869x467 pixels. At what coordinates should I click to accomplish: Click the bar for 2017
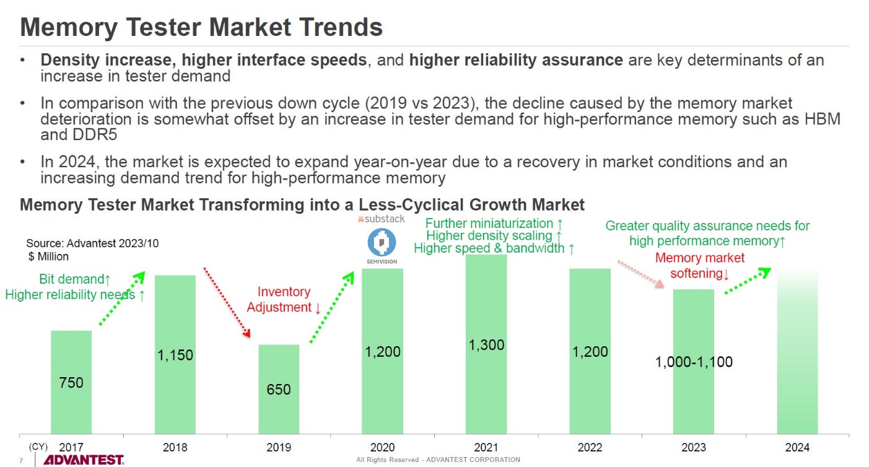coord(71,382)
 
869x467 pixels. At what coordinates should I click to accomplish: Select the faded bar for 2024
coord(797,351)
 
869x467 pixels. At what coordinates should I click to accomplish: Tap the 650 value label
coord(279,389)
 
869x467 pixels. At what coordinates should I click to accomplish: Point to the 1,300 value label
coord(486,345)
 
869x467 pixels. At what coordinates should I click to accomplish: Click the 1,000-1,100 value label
coord(694,362)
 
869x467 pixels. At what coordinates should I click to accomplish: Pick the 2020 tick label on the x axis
coord(382,447)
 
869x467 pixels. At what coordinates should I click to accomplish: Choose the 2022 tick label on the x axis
coord(590,447)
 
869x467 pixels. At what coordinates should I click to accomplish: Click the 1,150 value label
coord(175,355)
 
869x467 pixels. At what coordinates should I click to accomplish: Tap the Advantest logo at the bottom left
coord(83,460)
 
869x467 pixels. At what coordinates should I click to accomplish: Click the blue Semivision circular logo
coord(382,242)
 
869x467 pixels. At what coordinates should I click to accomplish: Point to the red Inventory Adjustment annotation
coord(284,299)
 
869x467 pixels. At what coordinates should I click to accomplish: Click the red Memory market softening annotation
coord(700,266)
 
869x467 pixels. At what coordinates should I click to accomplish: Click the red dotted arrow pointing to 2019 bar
coord(227,302)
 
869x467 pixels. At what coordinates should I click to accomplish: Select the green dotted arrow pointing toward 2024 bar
coord(748,281)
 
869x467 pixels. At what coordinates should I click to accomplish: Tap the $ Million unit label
coord(48,256)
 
